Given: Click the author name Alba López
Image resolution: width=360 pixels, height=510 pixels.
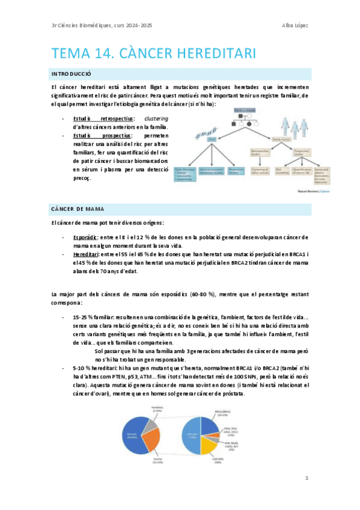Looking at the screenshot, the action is click(x=293, y=25).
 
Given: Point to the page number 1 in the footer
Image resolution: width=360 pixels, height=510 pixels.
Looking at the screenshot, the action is click(x=307, y=478).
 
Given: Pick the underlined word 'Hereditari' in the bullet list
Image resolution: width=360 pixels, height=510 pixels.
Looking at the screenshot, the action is click(x=88, y=254).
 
